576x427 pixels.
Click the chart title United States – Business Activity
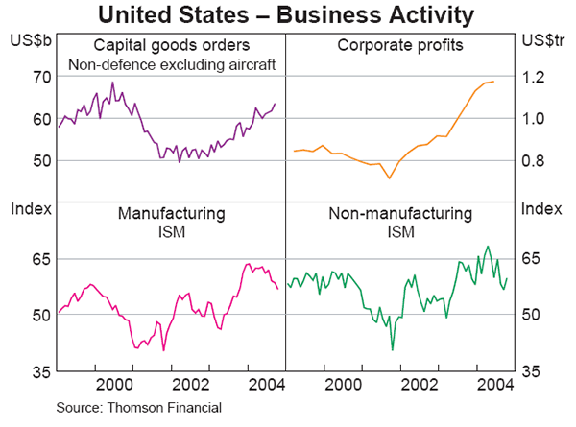[x=287, y=15]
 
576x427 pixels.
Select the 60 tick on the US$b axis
[x=42, y=119]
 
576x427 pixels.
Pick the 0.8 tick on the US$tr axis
[x=535, y=160]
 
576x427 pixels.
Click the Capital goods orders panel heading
[x=172, y=45]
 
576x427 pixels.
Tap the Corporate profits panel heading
[x=399, y=45]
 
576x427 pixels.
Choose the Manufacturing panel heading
[x=172, y=213]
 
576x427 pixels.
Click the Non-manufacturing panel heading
[x=400, y=213]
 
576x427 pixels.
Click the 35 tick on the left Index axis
[x=42, y=370]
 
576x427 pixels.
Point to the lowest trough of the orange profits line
[x=389, y=178]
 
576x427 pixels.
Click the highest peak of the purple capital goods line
[x=112, y=83]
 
